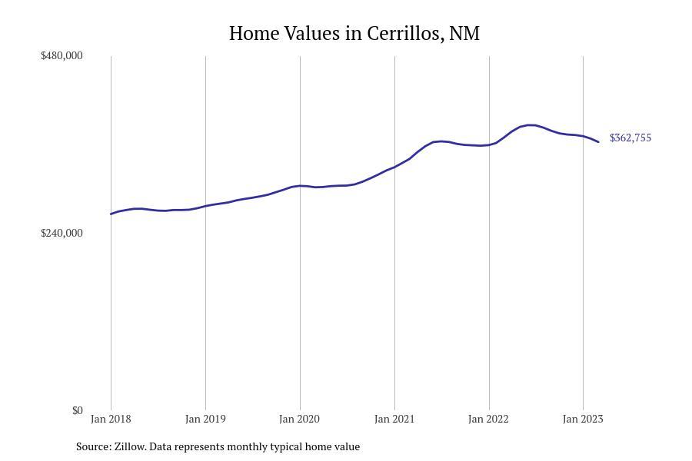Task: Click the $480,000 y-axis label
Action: [x=62, y=55]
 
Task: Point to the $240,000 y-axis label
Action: [x=62, y=233]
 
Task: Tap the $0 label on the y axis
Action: [x=78, y=410]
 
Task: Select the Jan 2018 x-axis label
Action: [x=111, y=419]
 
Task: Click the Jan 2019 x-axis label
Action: [x=205, y=419]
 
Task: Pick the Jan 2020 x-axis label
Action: [x=300, y=419]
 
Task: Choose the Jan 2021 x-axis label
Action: [x=394, y=419]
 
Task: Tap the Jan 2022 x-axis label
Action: [x=489, y=419]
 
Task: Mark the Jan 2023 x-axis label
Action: [x=583, y=419]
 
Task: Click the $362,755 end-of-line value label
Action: [x=630, y=138]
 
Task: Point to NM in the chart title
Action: [x=464, y=34]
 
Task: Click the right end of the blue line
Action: [x=598, y=141]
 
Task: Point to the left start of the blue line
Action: [x=111, y=214]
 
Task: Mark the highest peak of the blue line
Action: [x=531, y=124]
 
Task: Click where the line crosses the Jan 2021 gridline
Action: [x=394, y=167]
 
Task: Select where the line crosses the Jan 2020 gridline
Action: [x=300, y=185]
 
